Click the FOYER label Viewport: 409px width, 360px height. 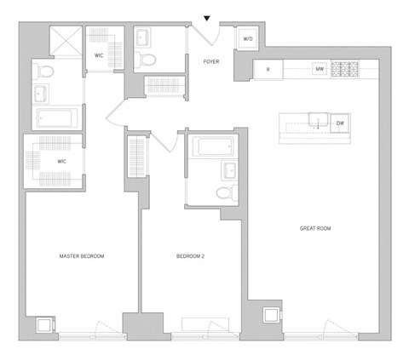point(211,61)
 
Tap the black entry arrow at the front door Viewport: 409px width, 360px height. point(205,18)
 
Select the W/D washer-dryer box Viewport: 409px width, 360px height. point(248,40)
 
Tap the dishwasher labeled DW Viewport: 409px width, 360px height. point(340,123)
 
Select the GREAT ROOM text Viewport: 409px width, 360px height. point(316,228)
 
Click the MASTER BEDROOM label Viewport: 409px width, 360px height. point(82,255)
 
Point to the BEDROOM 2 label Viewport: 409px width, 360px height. point(191,255)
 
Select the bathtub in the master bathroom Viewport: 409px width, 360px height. point(57,117)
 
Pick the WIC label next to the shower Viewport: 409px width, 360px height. point(99,55)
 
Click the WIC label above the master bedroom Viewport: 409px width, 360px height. point(62,159)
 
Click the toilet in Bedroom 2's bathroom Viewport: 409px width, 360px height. point(226,191)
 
